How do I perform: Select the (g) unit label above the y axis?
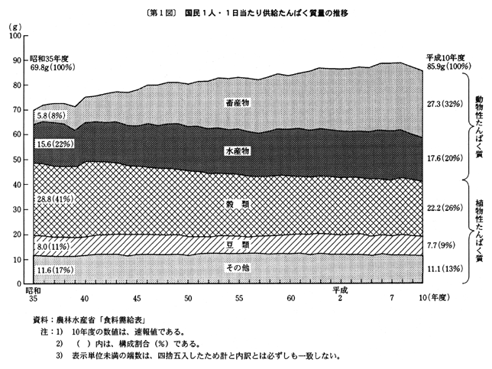(16, 28)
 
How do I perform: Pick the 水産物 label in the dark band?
(240, 151)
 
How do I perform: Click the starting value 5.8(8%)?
(53, 115)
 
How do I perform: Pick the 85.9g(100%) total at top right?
(448, 66)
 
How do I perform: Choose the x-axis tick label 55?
(240, 298)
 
